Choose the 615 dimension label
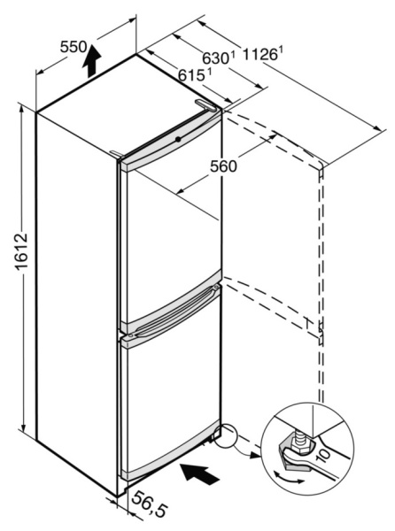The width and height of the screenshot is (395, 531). coord(192,76)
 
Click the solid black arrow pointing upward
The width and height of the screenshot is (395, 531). coord(92,64)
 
